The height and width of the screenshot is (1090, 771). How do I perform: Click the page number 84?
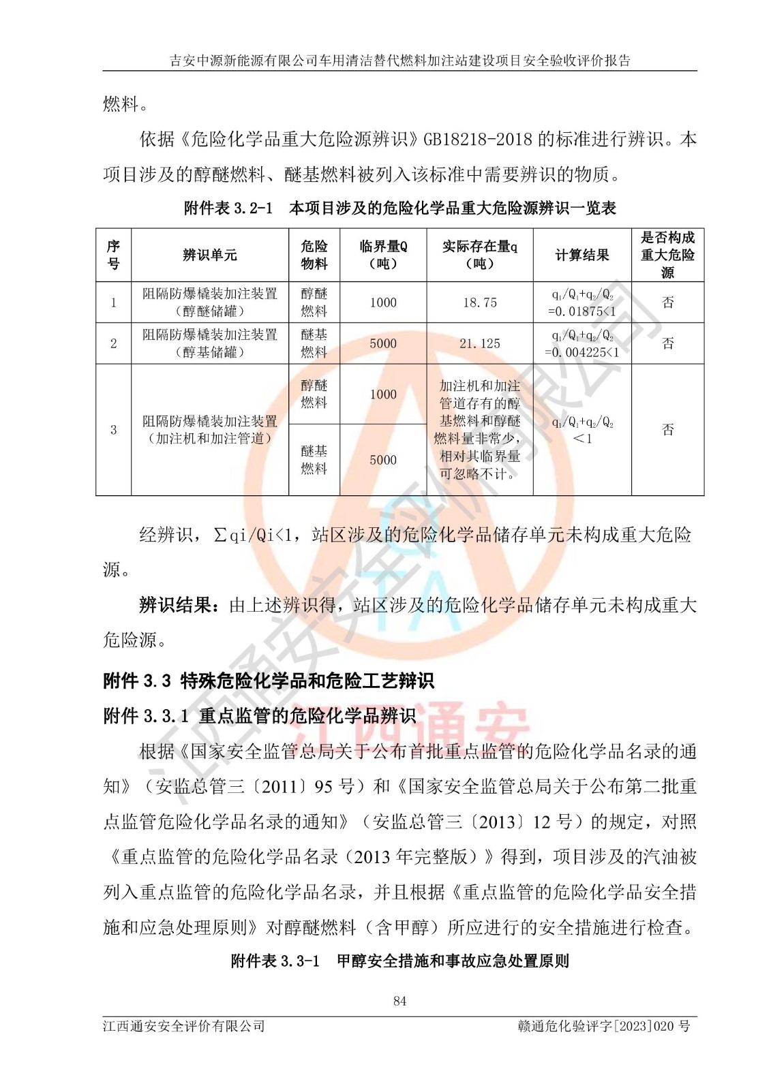(x=399, y=1001)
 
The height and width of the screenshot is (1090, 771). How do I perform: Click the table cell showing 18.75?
(x=480, y=302)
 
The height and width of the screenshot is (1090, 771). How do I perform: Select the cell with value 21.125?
(x=480, y=343)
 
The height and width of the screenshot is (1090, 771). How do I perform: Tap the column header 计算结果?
(x=582, y=255)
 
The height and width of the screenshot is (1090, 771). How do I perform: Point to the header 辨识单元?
(x=210, y=255)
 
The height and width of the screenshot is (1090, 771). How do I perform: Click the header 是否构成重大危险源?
(x=667, y=255)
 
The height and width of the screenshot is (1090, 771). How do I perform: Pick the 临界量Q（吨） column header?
(x=383, y=255)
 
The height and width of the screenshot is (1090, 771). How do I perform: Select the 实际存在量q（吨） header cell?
(x=480, y=255)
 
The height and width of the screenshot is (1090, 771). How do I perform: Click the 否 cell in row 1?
(x=667, y=302)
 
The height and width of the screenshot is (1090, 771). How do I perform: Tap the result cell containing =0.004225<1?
(x=582, y=352)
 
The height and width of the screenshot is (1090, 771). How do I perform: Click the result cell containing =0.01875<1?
(x=582, y=311)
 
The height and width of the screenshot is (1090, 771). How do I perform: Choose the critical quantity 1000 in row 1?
(x=383, y=302)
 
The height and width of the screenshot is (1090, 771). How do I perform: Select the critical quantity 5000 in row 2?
(x=383, y=343)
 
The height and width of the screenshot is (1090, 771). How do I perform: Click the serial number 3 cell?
(x=114, y=430)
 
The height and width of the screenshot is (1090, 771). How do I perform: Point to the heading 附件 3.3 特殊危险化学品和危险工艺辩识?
(x=269, y=681)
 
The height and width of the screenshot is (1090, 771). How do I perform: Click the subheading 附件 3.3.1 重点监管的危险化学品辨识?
(x=259, y=716)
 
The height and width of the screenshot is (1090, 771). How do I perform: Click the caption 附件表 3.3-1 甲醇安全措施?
(x=399, y=961)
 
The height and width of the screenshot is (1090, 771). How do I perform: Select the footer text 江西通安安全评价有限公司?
(x=184, y=1026)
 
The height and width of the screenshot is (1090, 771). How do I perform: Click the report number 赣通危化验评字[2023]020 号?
(x=604, y=1026)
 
